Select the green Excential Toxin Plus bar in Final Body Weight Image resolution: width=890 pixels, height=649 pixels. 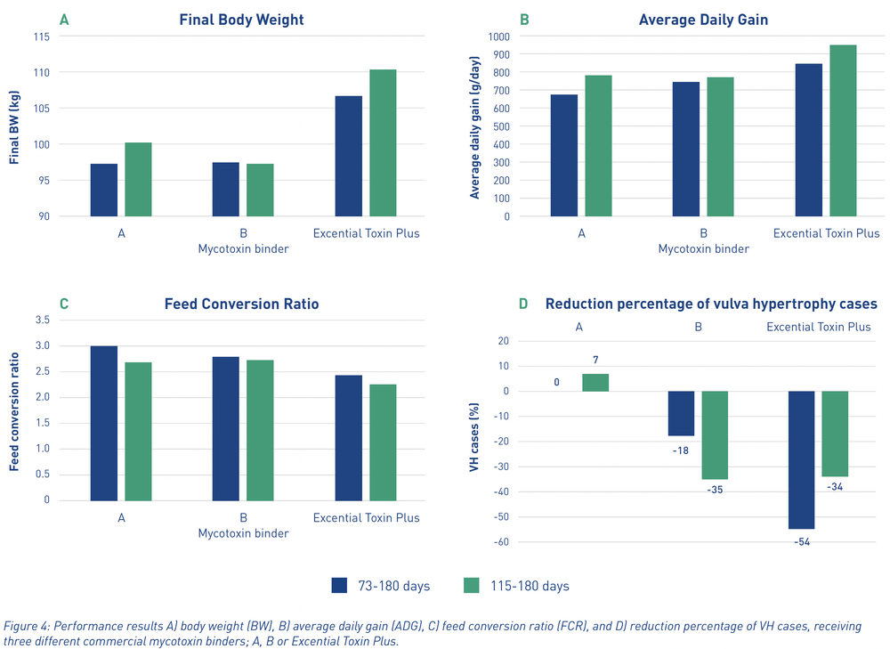click(383, 142)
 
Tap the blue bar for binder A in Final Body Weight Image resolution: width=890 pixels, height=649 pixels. click(104, 190)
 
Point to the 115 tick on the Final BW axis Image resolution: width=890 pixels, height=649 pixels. click(42, 37)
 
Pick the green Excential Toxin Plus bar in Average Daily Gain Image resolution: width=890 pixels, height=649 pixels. click(843, 130)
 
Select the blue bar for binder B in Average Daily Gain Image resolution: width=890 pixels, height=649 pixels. click(686, 149)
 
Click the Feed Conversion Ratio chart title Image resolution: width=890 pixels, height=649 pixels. click(241, 304)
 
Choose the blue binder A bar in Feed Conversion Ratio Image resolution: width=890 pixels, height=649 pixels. click(104, 423)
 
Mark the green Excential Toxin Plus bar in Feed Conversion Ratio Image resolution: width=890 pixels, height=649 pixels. click(383, 442)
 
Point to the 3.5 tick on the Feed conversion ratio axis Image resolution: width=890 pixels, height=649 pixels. click(43, 320)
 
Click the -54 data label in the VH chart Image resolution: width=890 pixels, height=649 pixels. click(801, 540)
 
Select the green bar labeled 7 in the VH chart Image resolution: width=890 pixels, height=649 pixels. click(595, 382)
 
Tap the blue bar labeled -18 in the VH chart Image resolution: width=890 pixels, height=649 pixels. click(681, 413)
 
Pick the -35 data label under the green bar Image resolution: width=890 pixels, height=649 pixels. click(714, 491)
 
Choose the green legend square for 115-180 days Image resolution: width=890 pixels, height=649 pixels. click(473, 585)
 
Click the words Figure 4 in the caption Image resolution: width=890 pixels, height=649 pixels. click(28, 627)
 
